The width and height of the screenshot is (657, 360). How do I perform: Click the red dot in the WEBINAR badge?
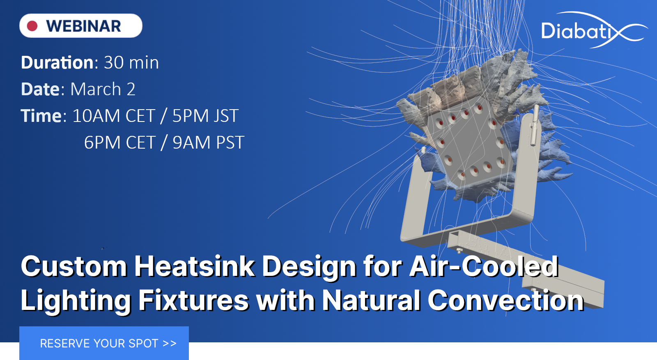(32, 26)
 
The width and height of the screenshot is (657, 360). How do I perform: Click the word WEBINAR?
(83, 26)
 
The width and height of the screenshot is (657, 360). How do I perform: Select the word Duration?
(57, 63)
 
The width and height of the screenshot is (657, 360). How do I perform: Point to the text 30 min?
(131, 63)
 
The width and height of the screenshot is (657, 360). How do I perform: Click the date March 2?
(103, 89)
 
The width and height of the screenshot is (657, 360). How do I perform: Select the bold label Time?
(41, 116)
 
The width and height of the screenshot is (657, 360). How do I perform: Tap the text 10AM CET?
(113, 116)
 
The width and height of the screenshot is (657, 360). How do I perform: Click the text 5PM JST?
(205, 116)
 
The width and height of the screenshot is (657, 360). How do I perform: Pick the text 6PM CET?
(119, 143)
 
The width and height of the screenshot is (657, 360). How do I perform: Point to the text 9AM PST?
(208, 143)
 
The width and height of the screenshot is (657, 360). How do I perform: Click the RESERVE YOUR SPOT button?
(104, 343)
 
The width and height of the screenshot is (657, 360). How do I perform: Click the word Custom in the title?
(74, 266)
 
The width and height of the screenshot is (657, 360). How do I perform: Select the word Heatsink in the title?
(194, 266)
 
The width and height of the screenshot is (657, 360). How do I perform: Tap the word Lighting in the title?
(76, 300)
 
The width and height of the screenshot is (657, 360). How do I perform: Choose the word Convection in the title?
(505, 300)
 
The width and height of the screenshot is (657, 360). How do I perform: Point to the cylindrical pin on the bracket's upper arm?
(534, 125)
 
